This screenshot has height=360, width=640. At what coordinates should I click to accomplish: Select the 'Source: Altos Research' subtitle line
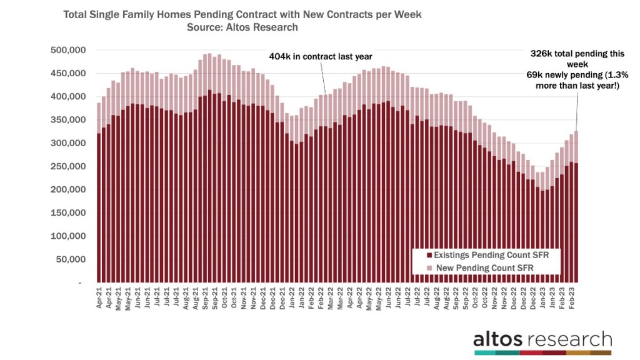pos(242,27)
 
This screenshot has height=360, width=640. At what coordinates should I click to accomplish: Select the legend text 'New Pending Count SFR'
pos(482,267)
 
